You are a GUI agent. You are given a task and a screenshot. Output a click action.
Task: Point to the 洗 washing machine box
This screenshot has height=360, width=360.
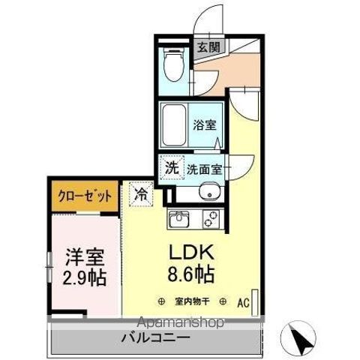172,168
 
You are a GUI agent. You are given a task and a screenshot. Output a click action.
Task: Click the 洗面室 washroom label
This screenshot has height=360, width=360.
204,169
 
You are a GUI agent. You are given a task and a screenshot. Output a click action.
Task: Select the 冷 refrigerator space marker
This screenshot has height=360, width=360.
140,194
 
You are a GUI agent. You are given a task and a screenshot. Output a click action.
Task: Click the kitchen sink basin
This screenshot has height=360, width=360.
180,219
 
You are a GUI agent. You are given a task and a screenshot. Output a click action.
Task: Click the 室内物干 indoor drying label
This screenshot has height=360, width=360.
193,302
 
